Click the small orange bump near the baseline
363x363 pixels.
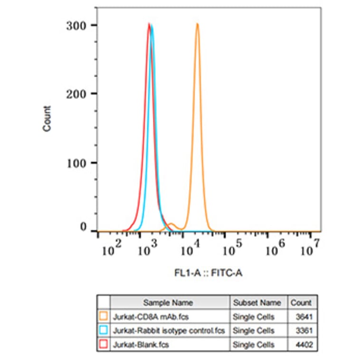coord(172,224)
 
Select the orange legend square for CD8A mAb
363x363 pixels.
coord(104,316)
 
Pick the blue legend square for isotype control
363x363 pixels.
coord(104,330)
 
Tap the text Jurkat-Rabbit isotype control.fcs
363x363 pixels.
coord(168,330)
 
